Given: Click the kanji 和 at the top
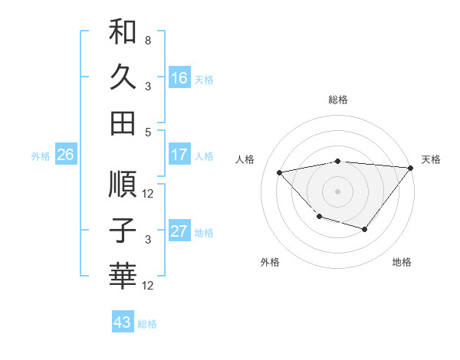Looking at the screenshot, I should (x=123, y=32).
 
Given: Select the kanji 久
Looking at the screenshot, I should (x=123, y=77).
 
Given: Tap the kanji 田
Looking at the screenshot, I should (x=123, y=123).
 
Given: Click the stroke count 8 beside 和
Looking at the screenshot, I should (x=148, y=40).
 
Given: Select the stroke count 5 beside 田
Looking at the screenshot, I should (x=148, y=131).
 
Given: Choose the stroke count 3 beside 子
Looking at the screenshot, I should (x=148, y=240).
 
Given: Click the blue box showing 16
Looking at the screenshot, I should (x=179, y=78).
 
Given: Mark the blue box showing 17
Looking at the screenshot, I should (x=179, y=155).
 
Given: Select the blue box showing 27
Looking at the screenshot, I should (x=179, y=232).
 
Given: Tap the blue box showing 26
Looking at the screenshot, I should (x=65, y=155).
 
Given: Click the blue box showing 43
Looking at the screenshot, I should (x=123, y=322).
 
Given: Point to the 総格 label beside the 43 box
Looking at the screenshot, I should (x=147, y=324).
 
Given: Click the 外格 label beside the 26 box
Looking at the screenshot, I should (x=41, y=156).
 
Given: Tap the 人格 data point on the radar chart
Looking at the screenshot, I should (x=280, y=173).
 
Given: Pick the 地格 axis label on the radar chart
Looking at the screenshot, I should (x=402, y=263).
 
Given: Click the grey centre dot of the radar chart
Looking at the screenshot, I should (x=337, y=191).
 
